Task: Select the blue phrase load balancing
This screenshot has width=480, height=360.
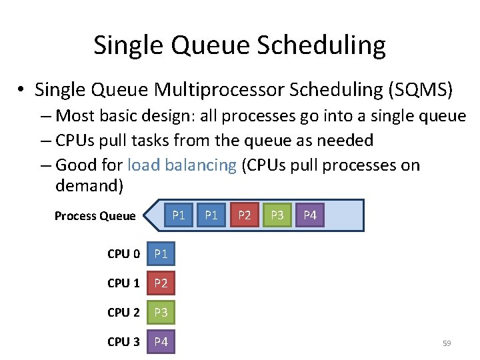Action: tap(181, 165)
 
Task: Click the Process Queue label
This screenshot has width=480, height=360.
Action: tap(95, 216)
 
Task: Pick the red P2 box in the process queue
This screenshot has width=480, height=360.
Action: tap(245, 215)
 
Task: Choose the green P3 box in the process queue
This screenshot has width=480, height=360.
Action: tap(277, 215)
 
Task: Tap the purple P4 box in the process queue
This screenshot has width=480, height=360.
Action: tap(310, 215)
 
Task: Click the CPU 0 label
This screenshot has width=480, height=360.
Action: tap(123, 254)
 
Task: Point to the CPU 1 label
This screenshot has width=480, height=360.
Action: tap(123, 283)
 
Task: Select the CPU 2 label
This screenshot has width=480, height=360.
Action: tap(123, 313)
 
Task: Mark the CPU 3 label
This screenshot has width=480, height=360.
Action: tap(123, 342)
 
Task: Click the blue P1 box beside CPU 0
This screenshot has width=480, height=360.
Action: tap(161, 254)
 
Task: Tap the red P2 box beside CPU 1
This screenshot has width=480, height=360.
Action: tap(161, 283)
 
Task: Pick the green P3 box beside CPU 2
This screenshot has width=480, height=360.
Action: tap(161, 313)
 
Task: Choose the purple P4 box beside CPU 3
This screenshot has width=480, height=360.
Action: tap(161, 342)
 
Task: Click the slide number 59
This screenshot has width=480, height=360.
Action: tap(447, 343)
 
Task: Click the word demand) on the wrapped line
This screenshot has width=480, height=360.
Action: tap(89, 185)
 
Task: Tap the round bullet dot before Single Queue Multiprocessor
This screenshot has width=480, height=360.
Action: tap(23, 90)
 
